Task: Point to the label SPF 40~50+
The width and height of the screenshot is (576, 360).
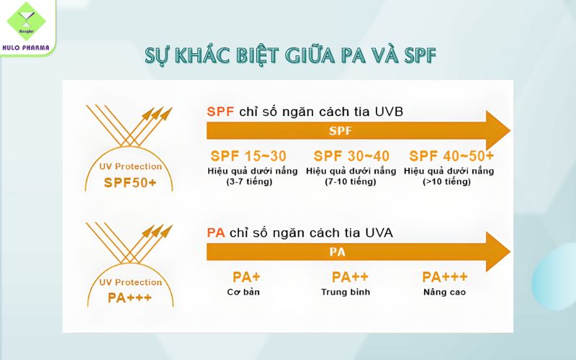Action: (451, 156)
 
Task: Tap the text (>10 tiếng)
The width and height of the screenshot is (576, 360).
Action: (447, 181)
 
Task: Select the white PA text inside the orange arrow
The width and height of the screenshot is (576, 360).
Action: (337, 252)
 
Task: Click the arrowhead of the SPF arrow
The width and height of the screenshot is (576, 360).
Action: (497, 131)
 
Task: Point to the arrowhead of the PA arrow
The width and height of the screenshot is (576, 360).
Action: (497, 252)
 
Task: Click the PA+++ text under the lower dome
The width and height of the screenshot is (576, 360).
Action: (130, 297)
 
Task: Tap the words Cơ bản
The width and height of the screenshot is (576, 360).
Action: (243, 292)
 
